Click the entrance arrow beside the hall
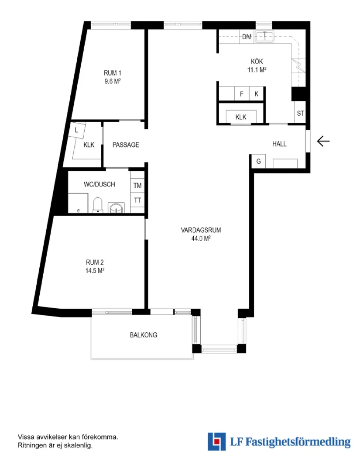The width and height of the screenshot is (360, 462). pos(323,141)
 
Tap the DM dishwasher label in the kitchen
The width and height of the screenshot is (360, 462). pos(247,37)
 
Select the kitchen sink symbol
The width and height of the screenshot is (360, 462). pos(264,37)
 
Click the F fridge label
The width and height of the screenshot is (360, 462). pos(242,94)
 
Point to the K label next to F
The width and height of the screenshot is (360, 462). pos(257,94)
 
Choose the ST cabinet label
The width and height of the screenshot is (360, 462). pos(301,113)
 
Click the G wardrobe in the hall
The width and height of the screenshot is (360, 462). pos(258,161)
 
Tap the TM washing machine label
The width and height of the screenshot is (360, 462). pos(137,186)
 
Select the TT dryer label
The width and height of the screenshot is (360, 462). pos(137,200)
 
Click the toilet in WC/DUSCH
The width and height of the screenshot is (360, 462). pos(98,205)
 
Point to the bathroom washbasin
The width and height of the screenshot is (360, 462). pos(117,208)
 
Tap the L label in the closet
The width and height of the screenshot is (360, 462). pos(76,130)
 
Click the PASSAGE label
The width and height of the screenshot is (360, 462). pos(126,145)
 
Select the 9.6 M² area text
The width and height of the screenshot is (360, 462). pos(113,81)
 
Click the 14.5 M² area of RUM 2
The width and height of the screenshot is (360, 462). pos(95,270)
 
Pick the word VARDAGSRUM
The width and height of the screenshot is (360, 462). pos(201,230)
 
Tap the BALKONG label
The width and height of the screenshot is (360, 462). pos(144,335)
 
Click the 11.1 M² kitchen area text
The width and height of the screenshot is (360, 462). pos(257,69)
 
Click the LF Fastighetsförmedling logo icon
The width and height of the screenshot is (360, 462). pos(216,441)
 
